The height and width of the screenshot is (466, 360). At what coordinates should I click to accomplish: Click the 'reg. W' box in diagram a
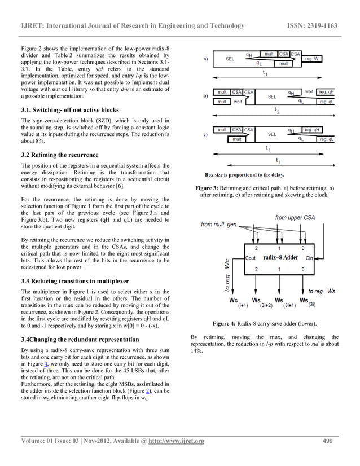pos(314,58)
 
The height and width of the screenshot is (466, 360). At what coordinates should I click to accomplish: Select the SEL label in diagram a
pos(230,59)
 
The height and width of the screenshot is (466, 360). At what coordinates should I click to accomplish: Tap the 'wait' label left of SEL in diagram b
pos(238,102)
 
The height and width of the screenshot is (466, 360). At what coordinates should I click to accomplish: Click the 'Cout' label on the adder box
pos(252,258)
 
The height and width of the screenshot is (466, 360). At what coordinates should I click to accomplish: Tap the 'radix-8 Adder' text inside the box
pos(280,258)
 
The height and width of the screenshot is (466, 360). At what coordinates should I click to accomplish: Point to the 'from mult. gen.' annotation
pos(221,226)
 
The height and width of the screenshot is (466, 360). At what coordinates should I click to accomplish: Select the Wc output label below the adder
pos(234,301)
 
